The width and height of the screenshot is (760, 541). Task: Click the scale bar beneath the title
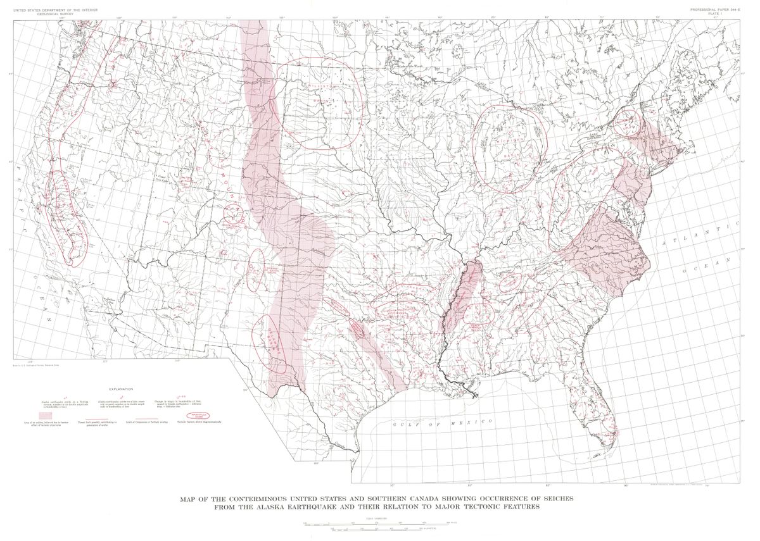380,524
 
